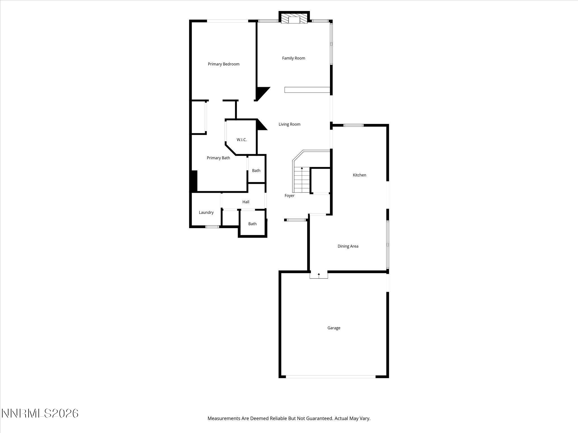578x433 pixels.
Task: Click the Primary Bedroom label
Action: click(224, 64)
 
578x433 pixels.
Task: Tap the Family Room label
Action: click(294, 58)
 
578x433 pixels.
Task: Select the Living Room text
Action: click(289, 124)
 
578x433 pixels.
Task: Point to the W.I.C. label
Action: click(242, 140)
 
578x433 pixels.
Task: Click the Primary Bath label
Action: click(218, 158)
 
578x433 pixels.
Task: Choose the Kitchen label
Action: click(359, 175)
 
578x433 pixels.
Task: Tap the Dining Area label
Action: click(348, 246)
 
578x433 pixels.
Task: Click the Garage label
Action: click(334, 328)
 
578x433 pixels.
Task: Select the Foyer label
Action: click(289, 196)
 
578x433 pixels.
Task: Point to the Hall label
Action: click(246, 202)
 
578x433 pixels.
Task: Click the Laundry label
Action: click(206, 213)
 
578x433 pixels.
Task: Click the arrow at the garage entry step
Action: click(319, 275)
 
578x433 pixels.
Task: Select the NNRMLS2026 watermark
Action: click(40, 413)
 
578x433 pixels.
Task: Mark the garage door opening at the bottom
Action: click(330, 377)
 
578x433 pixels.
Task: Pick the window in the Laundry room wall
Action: click(212, 227)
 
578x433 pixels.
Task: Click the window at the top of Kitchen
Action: click(353, 125)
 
